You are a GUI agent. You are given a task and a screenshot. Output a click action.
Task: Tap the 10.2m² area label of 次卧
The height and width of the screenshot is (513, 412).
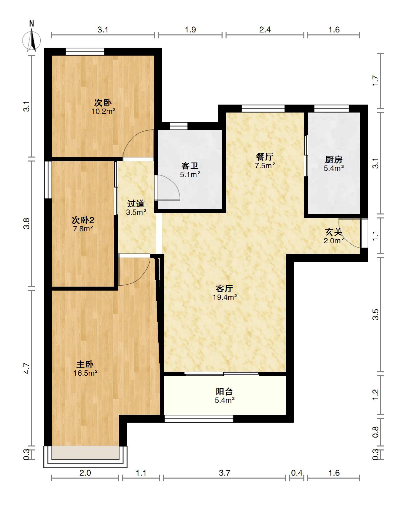tap(103, 111)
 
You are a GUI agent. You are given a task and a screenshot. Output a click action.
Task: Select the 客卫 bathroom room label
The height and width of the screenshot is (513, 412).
tap(190, 165)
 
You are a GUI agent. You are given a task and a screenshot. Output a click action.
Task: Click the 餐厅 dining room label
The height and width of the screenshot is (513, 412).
tap(265, 157)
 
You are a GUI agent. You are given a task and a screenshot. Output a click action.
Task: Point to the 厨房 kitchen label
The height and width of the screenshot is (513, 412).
tap(334, 160)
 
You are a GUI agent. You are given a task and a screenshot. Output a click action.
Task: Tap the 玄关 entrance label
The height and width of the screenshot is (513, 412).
tap(334, 232)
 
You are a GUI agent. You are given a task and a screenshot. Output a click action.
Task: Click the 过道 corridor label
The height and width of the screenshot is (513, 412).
tap(136, 203)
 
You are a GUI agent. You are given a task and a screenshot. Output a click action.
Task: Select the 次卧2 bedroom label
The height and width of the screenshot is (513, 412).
tap(83, 220)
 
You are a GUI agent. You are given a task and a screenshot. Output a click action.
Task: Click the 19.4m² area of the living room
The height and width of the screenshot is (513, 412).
tap(225, 297)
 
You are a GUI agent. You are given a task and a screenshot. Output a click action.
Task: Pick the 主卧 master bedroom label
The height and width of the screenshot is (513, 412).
tap(85, 364)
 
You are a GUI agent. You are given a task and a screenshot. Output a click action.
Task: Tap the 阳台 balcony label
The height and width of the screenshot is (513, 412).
tap(224, 392)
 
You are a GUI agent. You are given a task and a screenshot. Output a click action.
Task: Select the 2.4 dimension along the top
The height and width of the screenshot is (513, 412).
tap(265, 30)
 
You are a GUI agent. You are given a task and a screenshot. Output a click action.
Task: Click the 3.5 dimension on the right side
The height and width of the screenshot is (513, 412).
tap(376, 314)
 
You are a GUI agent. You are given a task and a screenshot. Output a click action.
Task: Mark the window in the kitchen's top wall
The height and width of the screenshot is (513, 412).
tap(332, 109)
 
